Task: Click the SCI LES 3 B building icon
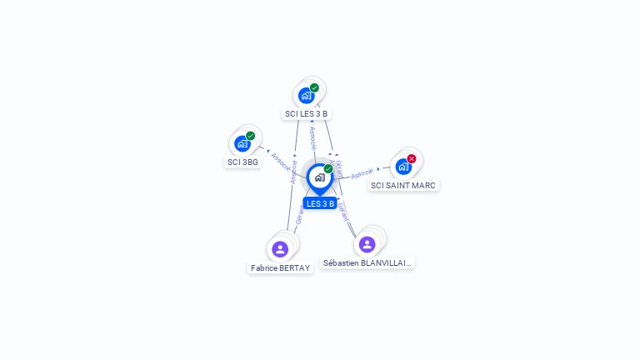point(307,95)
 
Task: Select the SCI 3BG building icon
point(242,143)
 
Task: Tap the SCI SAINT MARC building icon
point(403,166)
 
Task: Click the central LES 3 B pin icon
point(319,177)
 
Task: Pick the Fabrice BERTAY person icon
point(280,248)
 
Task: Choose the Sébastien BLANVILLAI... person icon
point(367,244)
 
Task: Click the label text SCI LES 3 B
point(307,113)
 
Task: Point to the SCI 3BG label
point(242,162)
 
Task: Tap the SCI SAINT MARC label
point(403,185)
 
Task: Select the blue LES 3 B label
point(320,203)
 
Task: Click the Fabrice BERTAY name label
point(280,267)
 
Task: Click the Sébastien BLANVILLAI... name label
point(367,262)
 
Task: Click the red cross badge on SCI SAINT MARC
point(412,158)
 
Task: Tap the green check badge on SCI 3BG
point(251,136)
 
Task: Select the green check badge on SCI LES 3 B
point(315,87)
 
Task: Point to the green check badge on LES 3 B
point(328,168)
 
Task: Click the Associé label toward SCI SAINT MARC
point(362,173)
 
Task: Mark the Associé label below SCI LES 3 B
point(312,138)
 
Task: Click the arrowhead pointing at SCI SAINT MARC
point(379,169)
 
